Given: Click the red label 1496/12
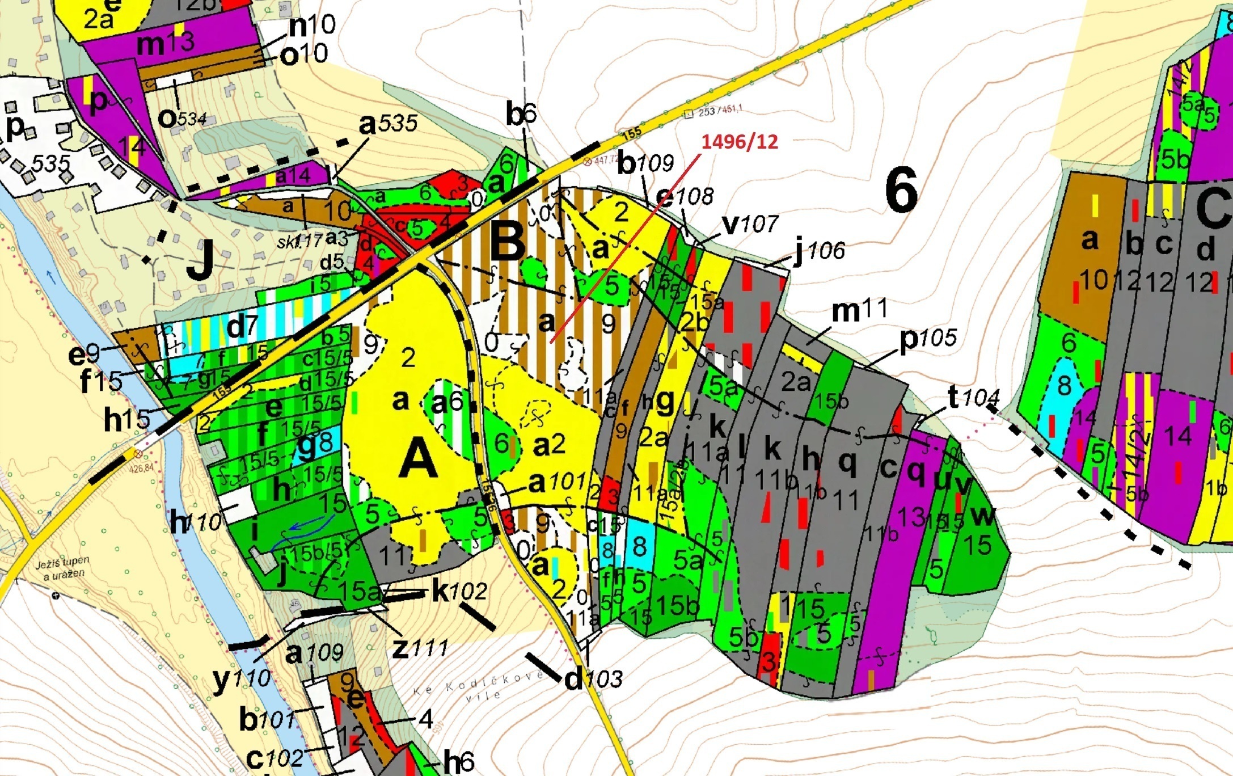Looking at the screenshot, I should [740, 142].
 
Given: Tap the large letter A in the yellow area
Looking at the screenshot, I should [419, 460].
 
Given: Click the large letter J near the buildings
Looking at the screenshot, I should [200, 260].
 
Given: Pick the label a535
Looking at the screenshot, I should [389, 123].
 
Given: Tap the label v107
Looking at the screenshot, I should [750, 224].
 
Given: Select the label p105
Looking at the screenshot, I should [928, 339].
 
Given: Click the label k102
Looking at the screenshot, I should [459, 592].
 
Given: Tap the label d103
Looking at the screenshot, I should [593, 678].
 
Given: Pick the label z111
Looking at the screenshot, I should [420, 647].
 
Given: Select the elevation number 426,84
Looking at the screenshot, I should [141, 469].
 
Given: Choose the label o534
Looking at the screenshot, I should [181, 119].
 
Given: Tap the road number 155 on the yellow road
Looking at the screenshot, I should [631, 133].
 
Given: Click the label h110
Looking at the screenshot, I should [196, 522].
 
